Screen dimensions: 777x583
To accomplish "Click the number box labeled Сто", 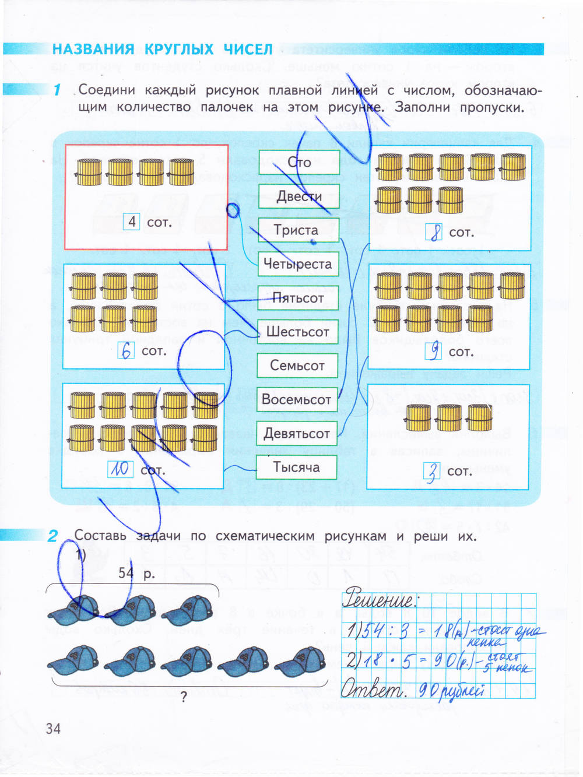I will pyautogui.click(x=299, y=162).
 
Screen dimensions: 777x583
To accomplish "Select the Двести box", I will pyautogui.click(x=299, y=196).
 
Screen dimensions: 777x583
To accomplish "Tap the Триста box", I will pyautogui.click(x=298, y=230).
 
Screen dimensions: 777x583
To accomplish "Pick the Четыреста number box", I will pyautogui.click(x=298, y=264).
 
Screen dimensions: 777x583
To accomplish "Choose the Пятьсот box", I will pyautogui.click(x=298, y=298).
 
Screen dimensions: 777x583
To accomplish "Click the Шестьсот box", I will pyautogui.click(x=298, y=332).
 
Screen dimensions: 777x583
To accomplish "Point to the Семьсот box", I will pyautogui.click(x=297, y=365).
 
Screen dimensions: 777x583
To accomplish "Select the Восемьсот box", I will pyautogui.click(x=297, y=399).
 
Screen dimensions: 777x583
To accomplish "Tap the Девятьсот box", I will pyautogui.click(x=297, y=433).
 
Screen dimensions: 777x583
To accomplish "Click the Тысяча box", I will pyautogui.click(x=297, y=467).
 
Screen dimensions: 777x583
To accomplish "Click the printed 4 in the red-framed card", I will pyautogui.click(x=132, y=222).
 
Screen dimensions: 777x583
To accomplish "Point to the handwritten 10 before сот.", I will pyautogui.click(x=120, y=469).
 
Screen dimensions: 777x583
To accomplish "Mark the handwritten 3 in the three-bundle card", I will pyautogui.click(x=432, y=472).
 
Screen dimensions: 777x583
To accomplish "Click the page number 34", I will pyautogui.click(x=53, y=728).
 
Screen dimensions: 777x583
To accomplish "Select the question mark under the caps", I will pyautogui.click(x=184, y=697).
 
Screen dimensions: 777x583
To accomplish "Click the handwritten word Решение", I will pyautogui.click(x=380, y=599).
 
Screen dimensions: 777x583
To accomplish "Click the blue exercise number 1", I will pyautogui.click(x=57, y=90).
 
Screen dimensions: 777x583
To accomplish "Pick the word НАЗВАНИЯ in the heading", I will pyautogui.click(x=93, y=49).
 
